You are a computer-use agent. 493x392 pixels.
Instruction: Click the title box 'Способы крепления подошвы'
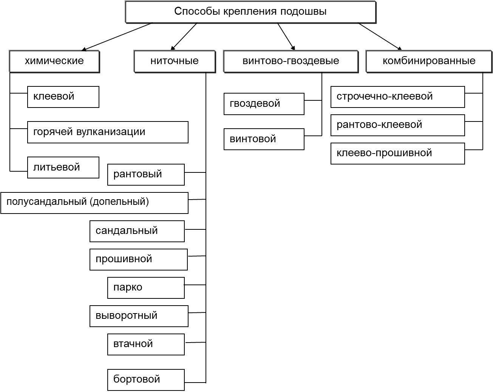(250, 12)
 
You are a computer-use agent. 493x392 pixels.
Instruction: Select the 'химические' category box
(54, 61)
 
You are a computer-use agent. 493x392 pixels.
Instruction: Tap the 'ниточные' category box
(174, 61)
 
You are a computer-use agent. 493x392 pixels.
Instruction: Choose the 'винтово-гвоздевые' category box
(291, 61)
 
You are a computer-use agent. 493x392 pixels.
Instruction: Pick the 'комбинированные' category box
(429, 61)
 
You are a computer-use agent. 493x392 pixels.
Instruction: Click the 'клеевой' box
(63, 97)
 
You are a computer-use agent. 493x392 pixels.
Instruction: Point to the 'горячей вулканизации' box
(108, 132)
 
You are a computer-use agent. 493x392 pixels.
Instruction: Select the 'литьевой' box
(63, 168)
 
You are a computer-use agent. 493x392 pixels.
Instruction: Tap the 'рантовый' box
(146, 174)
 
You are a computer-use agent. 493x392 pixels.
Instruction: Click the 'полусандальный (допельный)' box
(94, 203)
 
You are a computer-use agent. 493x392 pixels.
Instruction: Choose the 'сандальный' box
(137, 231)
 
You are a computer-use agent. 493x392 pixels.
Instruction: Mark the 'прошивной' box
(138, 259)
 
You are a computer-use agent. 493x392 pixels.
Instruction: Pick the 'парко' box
(146, 287)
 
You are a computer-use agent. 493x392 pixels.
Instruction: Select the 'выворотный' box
(139, 316)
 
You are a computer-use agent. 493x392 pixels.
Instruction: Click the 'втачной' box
(146, 344)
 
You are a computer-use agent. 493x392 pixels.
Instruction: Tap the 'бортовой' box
(146, 380)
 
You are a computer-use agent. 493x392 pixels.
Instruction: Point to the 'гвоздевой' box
(264, 104)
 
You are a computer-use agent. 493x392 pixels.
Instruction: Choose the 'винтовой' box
(264, 139)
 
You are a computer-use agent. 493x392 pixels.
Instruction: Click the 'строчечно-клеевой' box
(397, 97)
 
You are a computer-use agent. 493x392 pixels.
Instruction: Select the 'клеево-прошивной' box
(397, 153)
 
